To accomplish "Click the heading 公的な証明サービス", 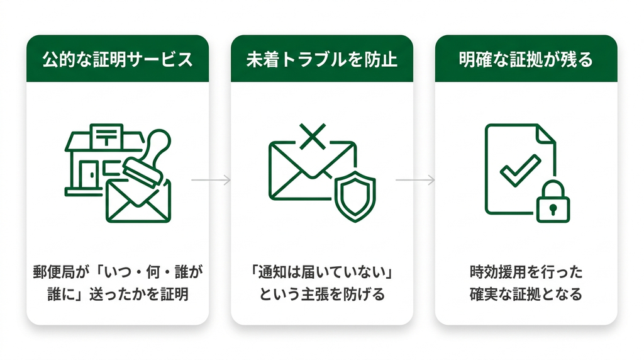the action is click(x=118, y=60).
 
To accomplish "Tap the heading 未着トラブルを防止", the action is click(x=322, y=60).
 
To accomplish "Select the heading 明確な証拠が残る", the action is click(x=526, y=60).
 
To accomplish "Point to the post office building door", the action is click(x=89, y=174).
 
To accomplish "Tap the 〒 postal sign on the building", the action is click(x=106, y=135).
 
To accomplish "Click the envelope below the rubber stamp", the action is click(x=138, y=201).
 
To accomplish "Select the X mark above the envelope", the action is click(x=313, y=136).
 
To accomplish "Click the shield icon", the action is click(x=355, y=196).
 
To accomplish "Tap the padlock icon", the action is click(x=553, y=202).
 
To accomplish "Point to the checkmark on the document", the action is click(x=520, y=170).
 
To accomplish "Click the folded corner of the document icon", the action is click(x=547, y=133).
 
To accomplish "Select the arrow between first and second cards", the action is click(x=211, y=180).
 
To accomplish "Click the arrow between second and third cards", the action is click(x=415, y=180).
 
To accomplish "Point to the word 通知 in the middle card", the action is click(x=272, y=272).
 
